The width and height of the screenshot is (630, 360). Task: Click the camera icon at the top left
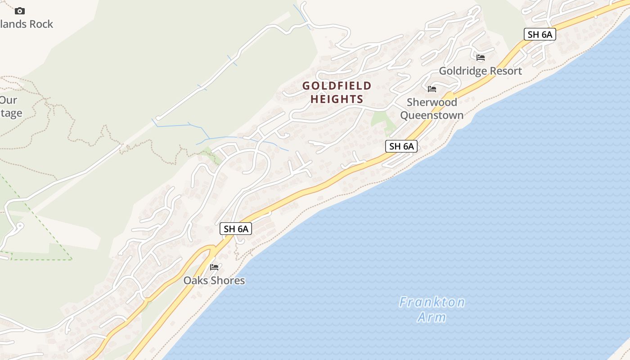point(20,11)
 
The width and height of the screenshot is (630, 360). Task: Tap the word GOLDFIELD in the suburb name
point(337,85)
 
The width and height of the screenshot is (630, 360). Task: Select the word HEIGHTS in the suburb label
point(337,99)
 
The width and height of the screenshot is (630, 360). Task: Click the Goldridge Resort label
point(480,71)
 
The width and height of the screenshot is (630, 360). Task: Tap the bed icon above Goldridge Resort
point(481,58)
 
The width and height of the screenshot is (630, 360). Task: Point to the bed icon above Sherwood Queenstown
point(432,89)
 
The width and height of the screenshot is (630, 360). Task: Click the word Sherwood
point(432,102)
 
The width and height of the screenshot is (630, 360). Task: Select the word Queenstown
point(432,115)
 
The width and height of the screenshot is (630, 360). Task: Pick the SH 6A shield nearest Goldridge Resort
point(540,34)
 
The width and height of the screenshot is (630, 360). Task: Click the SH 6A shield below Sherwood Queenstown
point(401,146)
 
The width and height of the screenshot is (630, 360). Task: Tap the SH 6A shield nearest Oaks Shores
point(236,229)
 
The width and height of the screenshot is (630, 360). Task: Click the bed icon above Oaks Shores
point(214,267)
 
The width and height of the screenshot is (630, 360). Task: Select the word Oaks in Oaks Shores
point(194,280)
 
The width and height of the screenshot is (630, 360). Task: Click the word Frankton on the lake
point(432,302)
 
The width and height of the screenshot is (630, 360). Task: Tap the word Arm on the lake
point(431,317)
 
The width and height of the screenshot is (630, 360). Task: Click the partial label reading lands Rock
point(27,24)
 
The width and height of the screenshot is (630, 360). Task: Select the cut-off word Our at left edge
point(9,100)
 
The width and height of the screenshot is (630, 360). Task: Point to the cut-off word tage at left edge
point(11,113)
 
